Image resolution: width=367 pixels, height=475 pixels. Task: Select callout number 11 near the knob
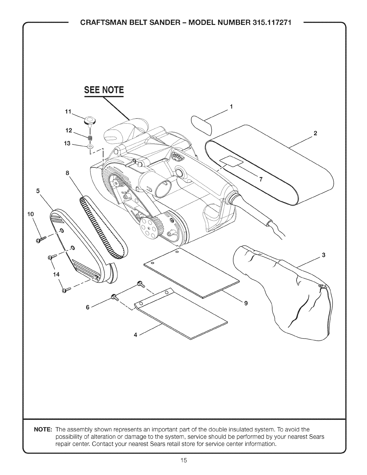coord(68,112)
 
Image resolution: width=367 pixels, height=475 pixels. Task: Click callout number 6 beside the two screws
coord(88,307)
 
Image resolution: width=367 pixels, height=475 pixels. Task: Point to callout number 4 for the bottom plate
coord(136,335)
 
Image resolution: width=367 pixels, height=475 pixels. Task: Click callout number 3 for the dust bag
coord(323,255)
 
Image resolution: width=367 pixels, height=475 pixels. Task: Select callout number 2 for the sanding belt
coord(315,133)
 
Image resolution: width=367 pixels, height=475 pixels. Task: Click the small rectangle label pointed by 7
coord(231,161)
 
